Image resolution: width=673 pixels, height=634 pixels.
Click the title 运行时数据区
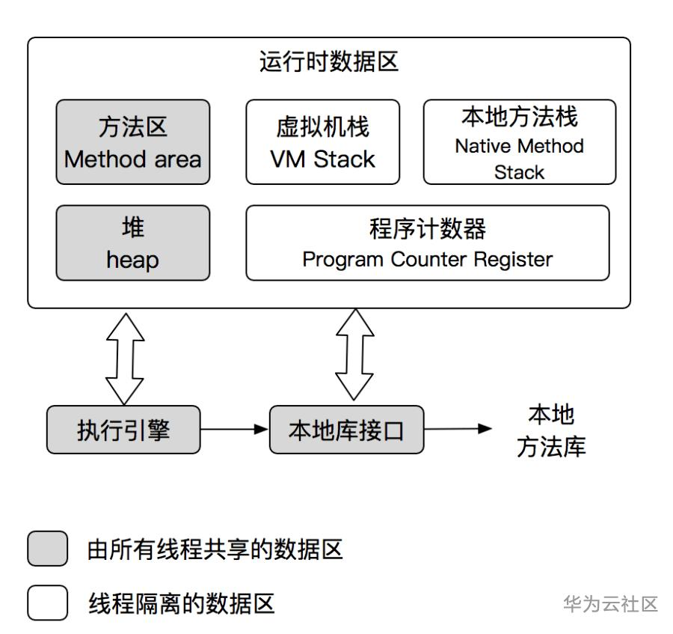click(x=329, y=61)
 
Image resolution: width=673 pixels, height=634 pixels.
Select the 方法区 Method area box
click(x=132, y=142)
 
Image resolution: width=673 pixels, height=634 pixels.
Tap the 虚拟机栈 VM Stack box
click(x=322, y=142)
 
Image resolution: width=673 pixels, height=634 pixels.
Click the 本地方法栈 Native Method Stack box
click(x=519, y=142)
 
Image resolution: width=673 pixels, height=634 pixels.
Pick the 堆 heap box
click(x=132, y=243)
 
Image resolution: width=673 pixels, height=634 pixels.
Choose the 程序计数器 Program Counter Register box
click(x=427, y=243)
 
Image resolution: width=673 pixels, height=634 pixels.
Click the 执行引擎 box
click(x=123, y=430)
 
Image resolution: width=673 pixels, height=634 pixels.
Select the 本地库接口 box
click(x=346, y=430)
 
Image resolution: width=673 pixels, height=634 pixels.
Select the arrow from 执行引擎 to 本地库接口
click(x=234, y=430)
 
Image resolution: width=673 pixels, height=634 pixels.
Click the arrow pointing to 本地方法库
click(x=458, y=430)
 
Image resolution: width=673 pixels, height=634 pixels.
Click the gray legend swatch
click(x=48, y=549)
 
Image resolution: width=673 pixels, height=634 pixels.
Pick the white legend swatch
click(x=48, y=602)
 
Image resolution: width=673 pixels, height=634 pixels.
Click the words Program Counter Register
click(x=427, y=260)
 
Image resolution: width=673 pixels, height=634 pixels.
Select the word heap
click(x=132, y=260)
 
